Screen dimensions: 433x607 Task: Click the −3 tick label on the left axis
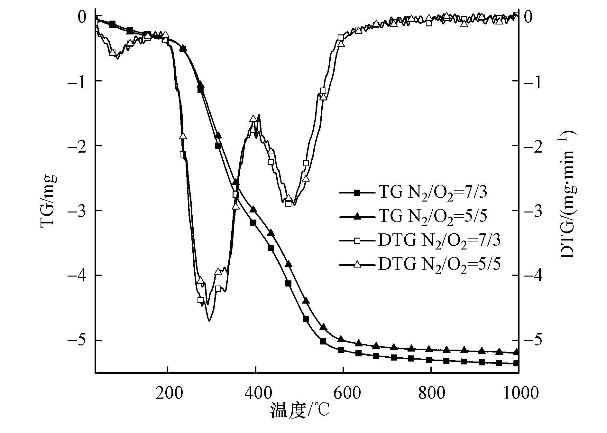click(77, 211)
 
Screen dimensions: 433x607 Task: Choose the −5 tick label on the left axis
click(77, 341)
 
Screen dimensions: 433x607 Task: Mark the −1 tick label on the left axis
click(77, 80)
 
